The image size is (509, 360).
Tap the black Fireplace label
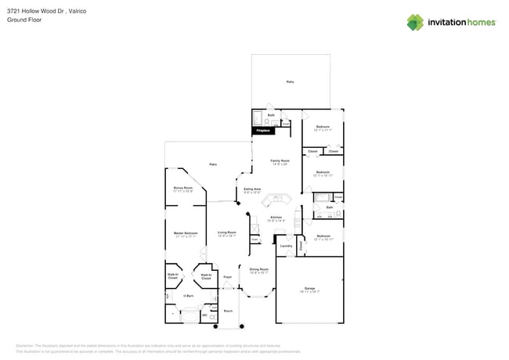263,131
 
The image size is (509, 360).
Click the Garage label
309,289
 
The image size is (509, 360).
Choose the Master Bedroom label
185,233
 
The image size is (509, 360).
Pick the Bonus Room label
183,189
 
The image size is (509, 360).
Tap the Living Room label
227,233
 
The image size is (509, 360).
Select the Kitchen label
276,218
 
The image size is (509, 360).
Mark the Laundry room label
286,247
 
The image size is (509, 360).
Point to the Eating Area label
252,189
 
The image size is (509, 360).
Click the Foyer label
227,277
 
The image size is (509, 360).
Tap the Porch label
228,311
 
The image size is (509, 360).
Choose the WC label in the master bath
205,315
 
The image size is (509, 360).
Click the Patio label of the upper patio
290,81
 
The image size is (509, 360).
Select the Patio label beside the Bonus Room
213,164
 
